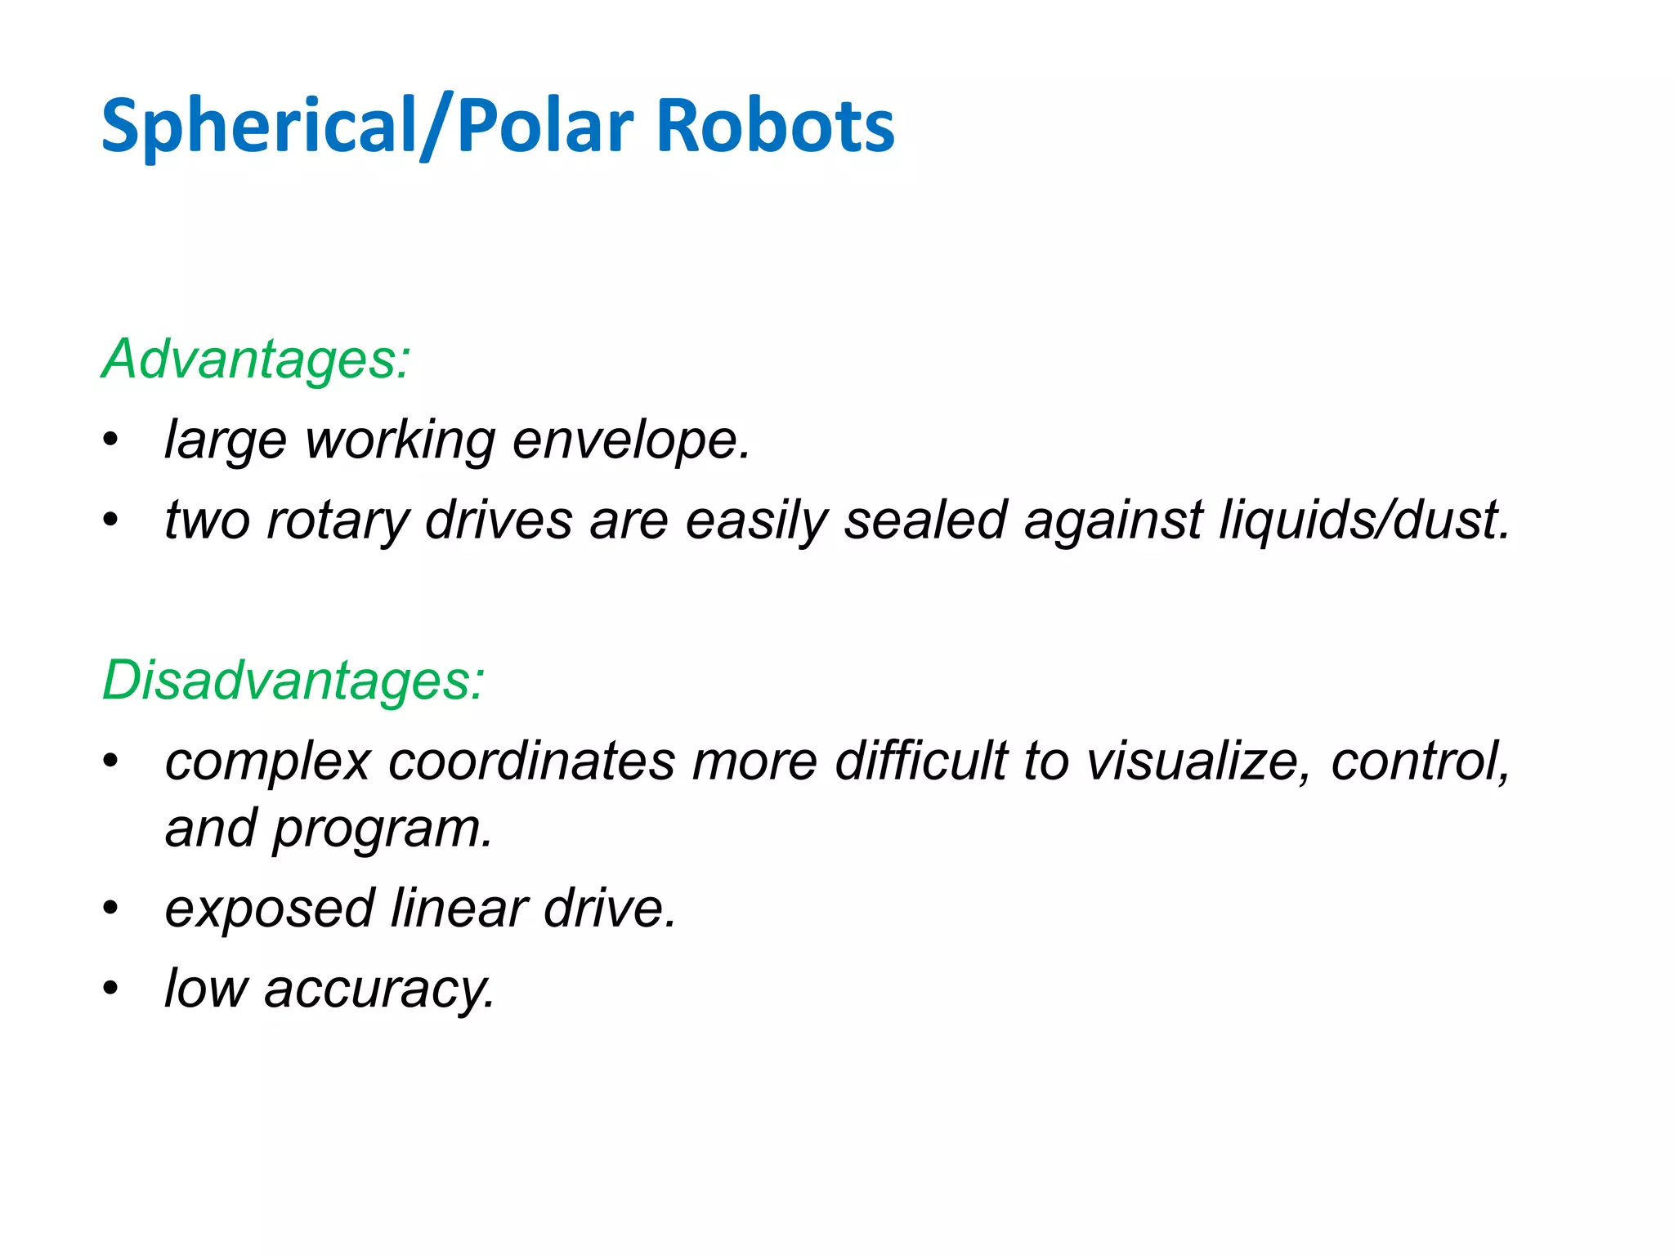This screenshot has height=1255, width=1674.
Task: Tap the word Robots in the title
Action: click(x=775, y=127)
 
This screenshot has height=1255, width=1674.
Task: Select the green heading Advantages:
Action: click(x=256, y=359)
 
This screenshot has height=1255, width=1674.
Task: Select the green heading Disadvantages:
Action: click(x=293, y=680)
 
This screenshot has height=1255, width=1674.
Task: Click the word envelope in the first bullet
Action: click(x=630, y=440)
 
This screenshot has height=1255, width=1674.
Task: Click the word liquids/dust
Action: click(x=1363, y=520)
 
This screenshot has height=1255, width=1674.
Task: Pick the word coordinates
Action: click(x=532, y=761)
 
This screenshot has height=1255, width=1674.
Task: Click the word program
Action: click(x=382, y=829)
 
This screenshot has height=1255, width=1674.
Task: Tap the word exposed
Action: click(x=270, y=909)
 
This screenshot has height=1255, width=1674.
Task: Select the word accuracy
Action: click(x=379, y=989)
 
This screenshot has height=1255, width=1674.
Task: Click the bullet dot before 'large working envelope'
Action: click(x=111, y=440)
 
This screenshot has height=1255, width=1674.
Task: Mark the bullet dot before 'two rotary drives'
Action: click(x=111, y=520)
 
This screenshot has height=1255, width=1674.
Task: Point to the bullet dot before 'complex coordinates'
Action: click(x=111, y=761)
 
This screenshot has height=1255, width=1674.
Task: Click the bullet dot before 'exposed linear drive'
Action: click(x=111, y=909)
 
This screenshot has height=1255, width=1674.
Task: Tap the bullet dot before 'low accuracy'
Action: click(x=111, y=989)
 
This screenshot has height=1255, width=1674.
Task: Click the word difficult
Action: click(x=921, y=761)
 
